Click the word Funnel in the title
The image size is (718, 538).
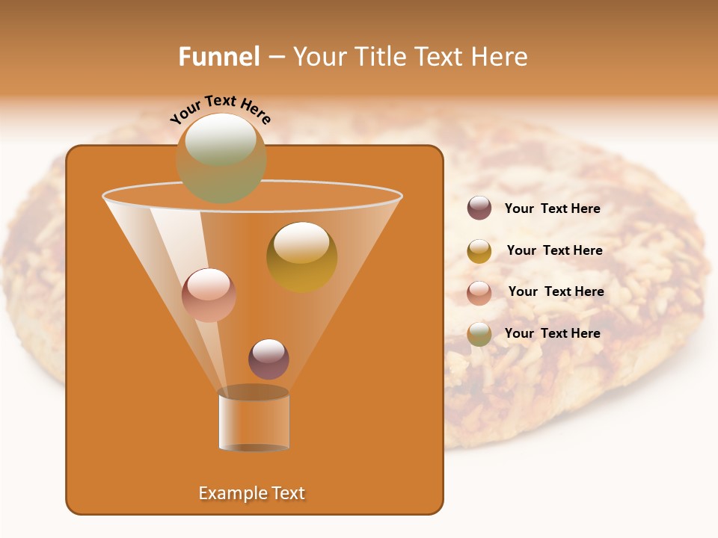pos(219,57)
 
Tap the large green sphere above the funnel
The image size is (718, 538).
pos(221,158)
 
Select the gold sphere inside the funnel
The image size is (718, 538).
pos(301,257)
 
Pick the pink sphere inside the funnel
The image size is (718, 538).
pos(209,295)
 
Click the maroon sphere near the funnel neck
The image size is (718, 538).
pos(269,359)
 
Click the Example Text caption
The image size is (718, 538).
pos(252,493)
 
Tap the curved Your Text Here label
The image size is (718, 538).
pos(221,108)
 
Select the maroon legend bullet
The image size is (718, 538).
pos(479,208)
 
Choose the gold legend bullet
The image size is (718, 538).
pos(479,251)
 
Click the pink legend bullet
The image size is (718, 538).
pos(479,292)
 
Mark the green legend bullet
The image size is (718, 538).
pos(479,334)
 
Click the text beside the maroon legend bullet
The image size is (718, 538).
pos(552,209)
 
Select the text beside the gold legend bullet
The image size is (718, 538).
pos(554,251)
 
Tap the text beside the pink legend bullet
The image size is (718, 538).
pos(556,292)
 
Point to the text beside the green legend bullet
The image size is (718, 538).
pos(552,334)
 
